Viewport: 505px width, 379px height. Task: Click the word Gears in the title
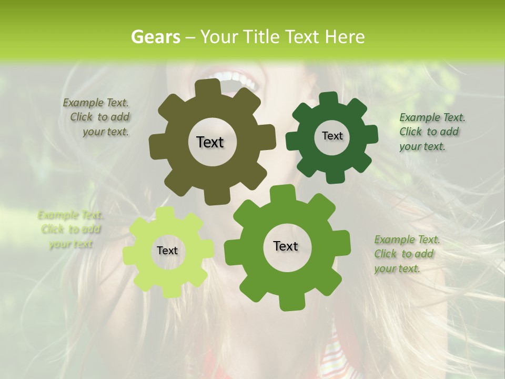155,37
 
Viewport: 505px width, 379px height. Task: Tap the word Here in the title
345,37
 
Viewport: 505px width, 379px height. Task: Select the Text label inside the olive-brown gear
210,142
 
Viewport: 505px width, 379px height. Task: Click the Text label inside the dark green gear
332,136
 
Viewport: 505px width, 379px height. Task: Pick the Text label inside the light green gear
167,251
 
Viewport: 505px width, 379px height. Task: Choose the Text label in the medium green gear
286,246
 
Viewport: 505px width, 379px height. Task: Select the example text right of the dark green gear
431,132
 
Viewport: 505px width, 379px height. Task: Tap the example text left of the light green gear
71,230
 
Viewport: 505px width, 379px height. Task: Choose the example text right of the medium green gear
406,254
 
